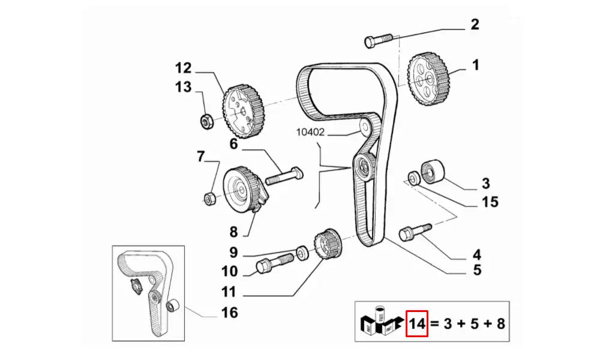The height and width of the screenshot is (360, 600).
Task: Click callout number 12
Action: (x=182, y=67)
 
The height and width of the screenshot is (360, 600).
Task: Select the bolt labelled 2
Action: (x=378, y=40)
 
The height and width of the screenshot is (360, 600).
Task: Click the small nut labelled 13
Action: (x=205, y=121)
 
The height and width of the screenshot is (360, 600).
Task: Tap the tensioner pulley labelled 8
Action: (x=239, y=190)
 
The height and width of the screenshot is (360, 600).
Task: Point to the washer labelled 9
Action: (x=303, y=251)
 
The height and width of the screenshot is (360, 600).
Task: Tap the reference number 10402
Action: (x=310, y=132)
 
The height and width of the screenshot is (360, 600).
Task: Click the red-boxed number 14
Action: (x=417, y=325)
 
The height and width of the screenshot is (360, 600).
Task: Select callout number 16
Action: (x=229, y=313)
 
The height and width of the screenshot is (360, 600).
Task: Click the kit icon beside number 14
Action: (x=381, y=323)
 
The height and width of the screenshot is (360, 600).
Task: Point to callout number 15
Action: (x=490, y=202)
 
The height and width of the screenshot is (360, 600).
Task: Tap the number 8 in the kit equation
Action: (x=500, y=325)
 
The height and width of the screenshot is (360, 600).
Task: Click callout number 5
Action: (x=477, y=270)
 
